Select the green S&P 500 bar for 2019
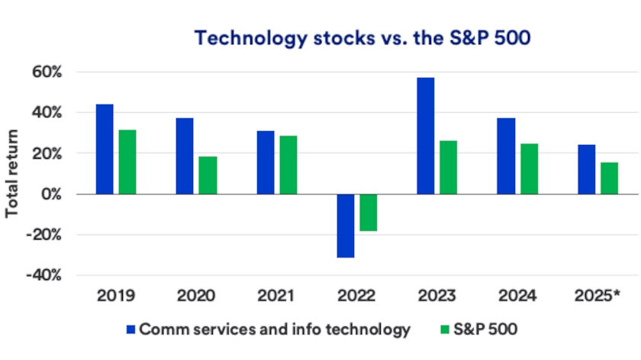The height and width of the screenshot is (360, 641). pos(127,162)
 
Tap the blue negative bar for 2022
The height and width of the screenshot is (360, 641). pos(345,226)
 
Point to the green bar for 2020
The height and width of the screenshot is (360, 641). pos(208,175)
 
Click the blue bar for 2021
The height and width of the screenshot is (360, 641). pos(266,162)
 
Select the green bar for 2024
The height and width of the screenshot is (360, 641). pos(529,169)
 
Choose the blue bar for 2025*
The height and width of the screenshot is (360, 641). pos(586,169)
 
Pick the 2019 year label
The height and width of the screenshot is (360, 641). pos(116,294)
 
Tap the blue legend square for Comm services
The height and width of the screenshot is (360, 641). pos(130,330)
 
